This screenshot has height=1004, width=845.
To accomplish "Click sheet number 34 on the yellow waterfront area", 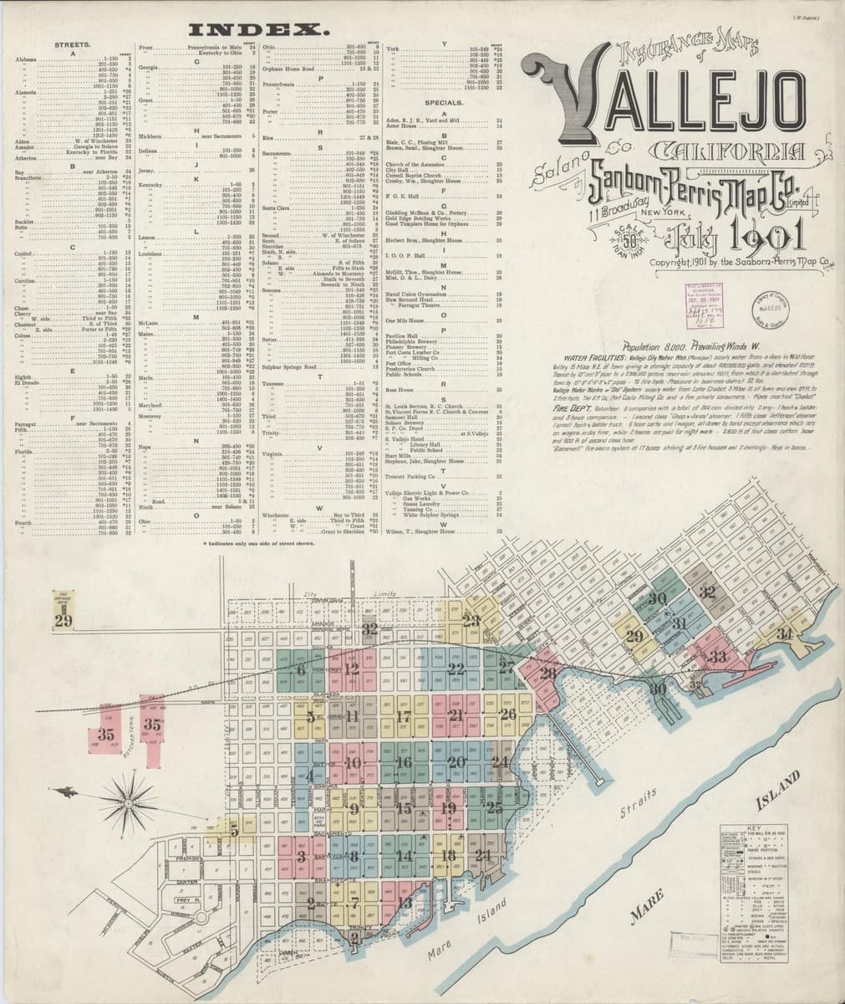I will coord(784,633).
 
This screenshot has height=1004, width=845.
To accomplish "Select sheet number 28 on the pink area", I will coord(548,674).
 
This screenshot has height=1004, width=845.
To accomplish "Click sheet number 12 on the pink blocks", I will coord(352,668).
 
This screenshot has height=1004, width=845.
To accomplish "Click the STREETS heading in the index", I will coord(73,44).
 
